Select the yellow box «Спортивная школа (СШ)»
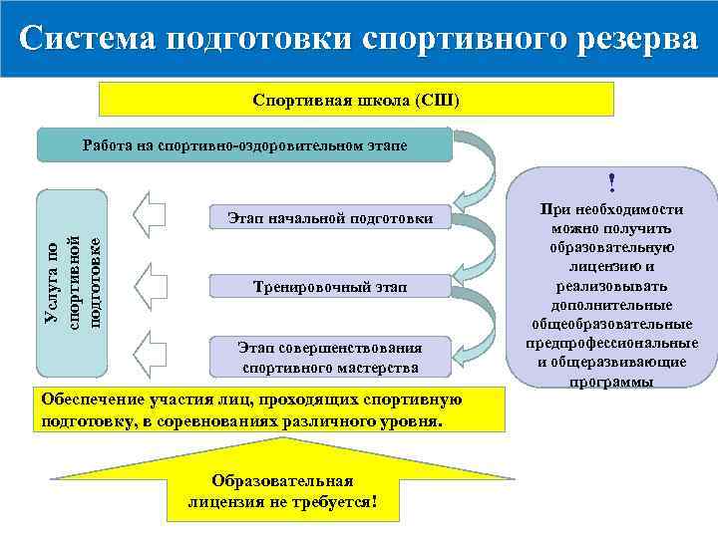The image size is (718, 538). [356, 101]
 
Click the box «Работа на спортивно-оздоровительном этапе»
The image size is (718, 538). [244, 145]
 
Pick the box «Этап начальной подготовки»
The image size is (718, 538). [330, 218]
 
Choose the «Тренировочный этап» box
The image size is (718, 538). [330, 287]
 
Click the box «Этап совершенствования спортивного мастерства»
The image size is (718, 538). [330, 357]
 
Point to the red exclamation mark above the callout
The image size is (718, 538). [611, 182]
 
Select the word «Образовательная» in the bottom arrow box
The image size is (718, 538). [283, 480]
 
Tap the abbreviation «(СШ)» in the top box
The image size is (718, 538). [437, 101]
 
